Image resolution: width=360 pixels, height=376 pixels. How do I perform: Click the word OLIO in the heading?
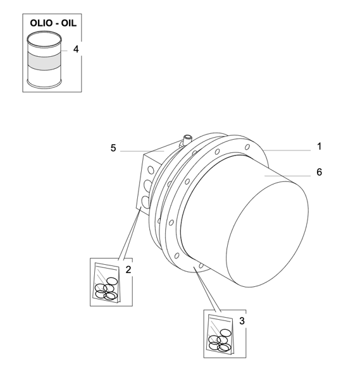(41, 23)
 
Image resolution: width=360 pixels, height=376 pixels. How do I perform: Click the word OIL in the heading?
(69, 23)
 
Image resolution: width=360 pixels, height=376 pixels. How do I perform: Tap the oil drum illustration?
(44, 59)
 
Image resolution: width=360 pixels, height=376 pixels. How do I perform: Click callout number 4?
(76, 49)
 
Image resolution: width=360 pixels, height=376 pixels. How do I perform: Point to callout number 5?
(113, 148)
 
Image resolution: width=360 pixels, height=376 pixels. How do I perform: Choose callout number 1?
(319, 146)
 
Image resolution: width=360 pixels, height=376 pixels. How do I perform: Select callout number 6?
(319, 172)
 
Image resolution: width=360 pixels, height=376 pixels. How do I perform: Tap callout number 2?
(128, 270)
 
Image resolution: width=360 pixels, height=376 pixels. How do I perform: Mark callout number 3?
(242, 320)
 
